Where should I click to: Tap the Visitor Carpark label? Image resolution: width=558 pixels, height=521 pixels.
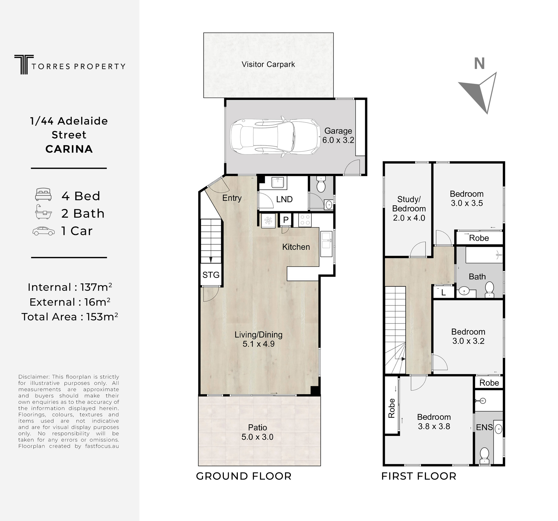click(x=268, y=64)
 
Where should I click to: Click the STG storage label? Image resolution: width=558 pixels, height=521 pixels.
click(x=211, y=275)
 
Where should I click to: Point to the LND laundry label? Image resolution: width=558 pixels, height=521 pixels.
click(x=284, y=199)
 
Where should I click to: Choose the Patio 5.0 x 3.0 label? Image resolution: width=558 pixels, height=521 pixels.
click(x=257, y=432)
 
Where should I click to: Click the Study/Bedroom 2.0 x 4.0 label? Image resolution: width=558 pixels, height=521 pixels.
click(x=409, y=209)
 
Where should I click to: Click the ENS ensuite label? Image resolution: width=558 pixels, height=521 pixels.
click(x=484, y=427)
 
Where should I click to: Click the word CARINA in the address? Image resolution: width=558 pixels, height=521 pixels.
click(x=69, y=149)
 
